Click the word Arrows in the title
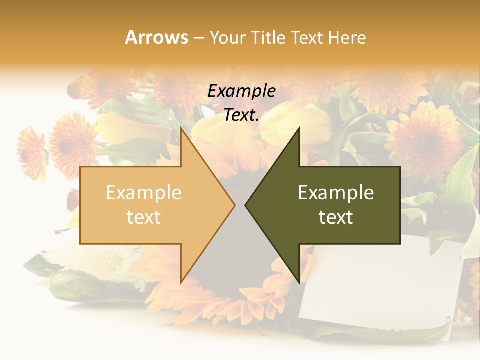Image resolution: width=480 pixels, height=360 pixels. [x=156, y=37]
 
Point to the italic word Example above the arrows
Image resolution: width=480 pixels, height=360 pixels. [x=241, y=91]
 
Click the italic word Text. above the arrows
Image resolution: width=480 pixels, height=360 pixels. [x=241, y=115]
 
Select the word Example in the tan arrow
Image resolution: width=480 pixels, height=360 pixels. [x=143, y=192]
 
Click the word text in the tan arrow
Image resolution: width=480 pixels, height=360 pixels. [x=143, y=217]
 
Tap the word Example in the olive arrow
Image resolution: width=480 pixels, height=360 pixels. [x=336, y=192]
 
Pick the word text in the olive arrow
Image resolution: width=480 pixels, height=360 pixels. [x=336, y=217]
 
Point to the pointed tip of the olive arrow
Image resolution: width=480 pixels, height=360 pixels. [x=246, y=205]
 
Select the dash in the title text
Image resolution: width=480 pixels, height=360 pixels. [x=199, y=38]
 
